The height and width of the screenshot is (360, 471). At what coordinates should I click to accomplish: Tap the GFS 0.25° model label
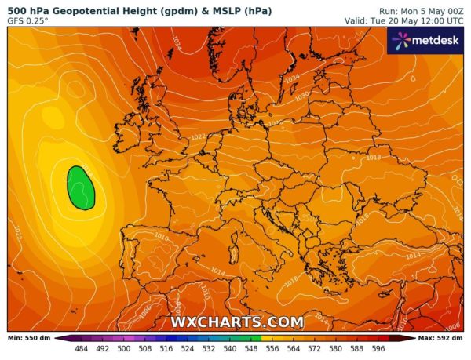tap(28, 20)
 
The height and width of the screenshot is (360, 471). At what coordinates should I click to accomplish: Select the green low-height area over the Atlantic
tap(81, 188)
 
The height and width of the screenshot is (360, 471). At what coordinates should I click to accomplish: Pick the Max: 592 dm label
tap(440, 337)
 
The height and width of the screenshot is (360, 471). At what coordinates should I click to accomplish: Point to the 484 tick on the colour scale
tap(81, 349)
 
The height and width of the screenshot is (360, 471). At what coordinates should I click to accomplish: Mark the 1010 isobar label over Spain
tap(161, 236)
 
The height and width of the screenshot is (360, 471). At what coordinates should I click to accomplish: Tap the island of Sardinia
tap(232, 256)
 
